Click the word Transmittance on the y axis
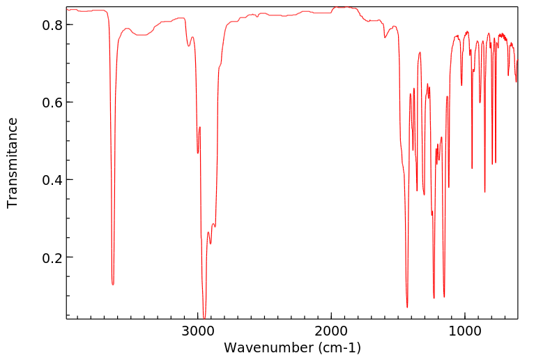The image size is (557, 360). point(13,163)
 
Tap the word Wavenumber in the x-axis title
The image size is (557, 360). point(268,347)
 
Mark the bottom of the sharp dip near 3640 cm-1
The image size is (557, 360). point(113,284)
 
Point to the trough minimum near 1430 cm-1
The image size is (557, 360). point(407,307)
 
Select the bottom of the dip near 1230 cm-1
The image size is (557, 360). point(434,298)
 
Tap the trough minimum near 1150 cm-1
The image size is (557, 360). point(444,297)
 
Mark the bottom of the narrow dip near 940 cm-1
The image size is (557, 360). point(472,168)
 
